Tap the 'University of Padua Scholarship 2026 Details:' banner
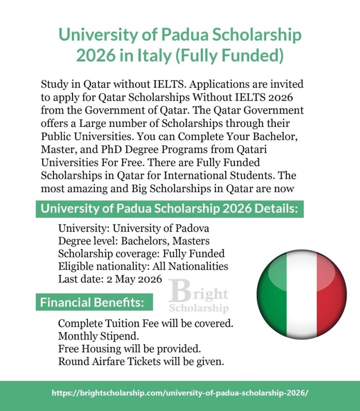(x=169, y=209)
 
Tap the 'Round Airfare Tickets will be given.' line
(x=141, y=361)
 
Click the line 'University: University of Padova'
(x=134, y=229)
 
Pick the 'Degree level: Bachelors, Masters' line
(x=134, y=241)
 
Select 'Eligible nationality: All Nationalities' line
(x=143, y=267)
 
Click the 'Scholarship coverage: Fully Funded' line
(x=141, y=254)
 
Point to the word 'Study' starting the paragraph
(x=53, y=84)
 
